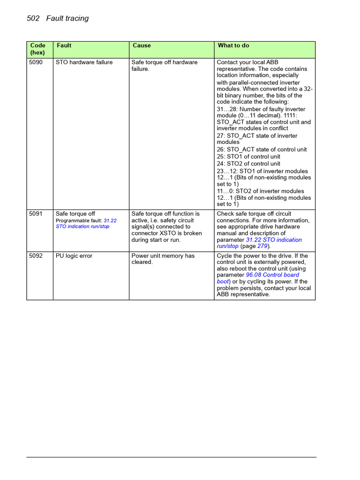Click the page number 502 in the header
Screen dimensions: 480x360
click(34, 18)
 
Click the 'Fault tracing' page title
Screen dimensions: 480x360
click(67, 18)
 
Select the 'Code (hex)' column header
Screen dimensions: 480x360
click(38, 49)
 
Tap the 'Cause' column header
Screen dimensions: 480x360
click(142, 45)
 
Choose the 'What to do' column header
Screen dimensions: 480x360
click(233, 45)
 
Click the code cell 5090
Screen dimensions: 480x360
click(36, 62)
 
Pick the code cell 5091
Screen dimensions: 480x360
click(36, 214)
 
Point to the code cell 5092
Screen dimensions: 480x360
click(36, 256)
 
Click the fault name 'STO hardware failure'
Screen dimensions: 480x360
click(84, 62)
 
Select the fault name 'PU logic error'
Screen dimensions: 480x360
click(74, 256)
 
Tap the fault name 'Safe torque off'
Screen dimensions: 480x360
click(75, 214)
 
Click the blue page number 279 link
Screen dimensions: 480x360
click(263, 246)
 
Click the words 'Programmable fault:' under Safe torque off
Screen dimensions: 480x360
click(79, 220)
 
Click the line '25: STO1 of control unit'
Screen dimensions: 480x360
click(248, 157)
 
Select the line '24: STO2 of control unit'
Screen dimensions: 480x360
click(248, 164)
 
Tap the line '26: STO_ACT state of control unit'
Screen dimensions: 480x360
click(262, 150)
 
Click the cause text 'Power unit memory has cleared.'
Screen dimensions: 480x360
click(163, 259)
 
